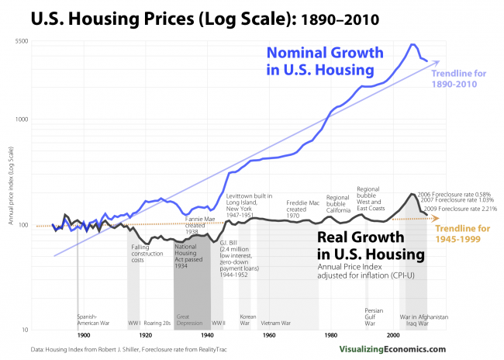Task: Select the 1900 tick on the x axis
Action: pos(83,335)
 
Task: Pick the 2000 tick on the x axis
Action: pos(393,335)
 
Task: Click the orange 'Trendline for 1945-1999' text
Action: pos(464,235)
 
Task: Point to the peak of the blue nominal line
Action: pos(413,44)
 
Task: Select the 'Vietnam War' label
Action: pos(276,322)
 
